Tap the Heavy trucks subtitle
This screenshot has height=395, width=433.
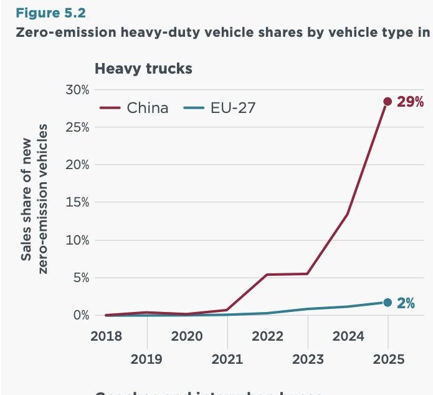[143, 69]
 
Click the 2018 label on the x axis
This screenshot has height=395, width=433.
[107, 336]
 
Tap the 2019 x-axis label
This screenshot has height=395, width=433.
[146, 359]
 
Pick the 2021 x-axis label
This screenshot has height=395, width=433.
[227, 359]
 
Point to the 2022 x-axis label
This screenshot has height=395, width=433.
[267, 336]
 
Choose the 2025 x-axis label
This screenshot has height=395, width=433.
[388, 359]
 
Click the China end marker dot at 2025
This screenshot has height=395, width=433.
[388, 101]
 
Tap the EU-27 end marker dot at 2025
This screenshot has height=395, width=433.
[388, 303]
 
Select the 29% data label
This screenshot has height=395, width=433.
[411, 102]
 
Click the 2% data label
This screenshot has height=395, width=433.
[406, 304]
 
